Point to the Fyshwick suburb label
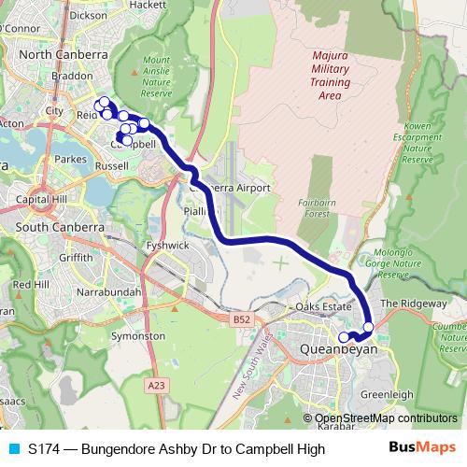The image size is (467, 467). pyautogui.click(x=168, y=246)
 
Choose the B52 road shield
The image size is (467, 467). pyautogui.click(x=242, y=319)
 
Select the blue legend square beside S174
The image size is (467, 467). pyautogui.click(x=13, y=449)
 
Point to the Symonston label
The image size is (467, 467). pyautogui.click(x=137, y=335)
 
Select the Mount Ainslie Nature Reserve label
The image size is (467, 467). pyautogui.click(x=157, y=78)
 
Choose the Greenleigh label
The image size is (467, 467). pyautogui.click(x=387, y=395)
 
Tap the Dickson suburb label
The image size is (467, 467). pyautogui.click(x=88, y=15)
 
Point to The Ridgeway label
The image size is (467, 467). pyautogui.click(x=414, y=304)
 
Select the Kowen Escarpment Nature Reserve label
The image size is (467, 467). pyautogui.click(x=418, y=142)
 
